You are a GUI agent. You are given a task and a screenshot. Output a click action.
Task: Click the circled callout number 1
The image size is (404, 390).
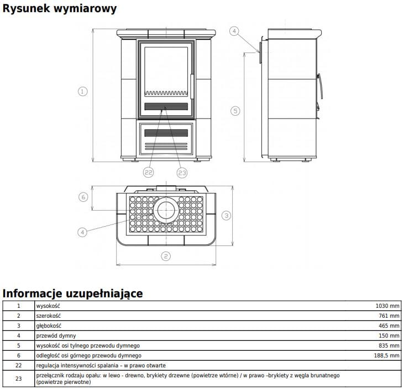pyautogui.click(x=83, y=92)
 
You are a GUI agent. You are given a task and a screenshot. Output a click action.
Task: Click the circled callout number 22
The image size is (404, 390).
pyautogui.click(x=148, y=173)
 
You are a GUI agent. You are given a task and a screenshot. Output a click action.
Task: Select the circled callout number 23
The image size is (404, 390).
pyautogui.click(x=182, y=173)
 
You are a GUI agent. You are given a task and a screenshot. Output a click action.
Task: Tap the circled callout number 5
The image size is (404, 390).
pyautogui.click(x=235, y=111)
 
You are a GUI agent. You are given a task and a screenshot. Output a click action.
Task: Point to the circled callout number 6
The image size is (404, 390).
pyautogui.click(x=83, y=197)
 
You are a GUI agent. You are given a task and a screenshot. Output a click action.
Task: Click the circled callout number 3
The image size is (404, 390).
pyautogui.click(x=226, y=215)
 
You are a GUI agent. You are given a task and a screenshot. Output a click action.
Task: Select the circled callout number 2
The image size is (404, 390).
pyautogui.click(x=165, y=255)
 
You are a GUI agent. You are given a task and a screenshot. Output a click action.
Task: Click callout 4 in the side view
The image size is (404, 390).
pyautogui.click(x=234, y=31)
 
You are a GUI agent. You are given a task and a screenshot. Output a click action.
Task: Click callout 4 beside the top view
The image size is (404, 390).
pyautogui.click(x=82, y=232)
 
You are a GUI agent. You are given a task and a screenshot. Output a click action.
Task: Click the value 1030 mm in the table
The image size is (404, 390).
pyautogui.click(x=387, y=306)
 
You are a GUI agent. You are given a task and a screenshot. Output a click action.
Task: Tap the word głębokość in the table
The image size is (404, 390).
pyautogui.click(x=48, y=325)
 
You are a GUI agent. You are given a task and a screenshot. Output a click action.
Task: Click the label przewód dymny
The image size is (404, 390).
pyautogui.click(x=56, y=335)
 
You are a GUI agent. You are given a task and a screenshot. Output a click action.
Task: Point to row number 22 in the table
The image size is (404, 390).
pyautogui.click(x=18, y=365)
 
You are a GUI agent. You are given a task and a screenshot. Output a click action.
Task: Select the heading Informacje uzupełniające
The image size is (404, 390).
pyautogui.click(x=72, y=293)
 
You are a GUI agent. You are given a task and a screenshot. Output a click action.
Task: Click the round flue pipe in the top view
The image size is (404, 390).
pyautogui.click(x=165, y=210)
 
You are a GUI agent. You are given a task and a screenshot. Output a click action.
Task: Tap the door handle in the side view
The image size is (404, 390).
pyautogui.click(x=320, y=88)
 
